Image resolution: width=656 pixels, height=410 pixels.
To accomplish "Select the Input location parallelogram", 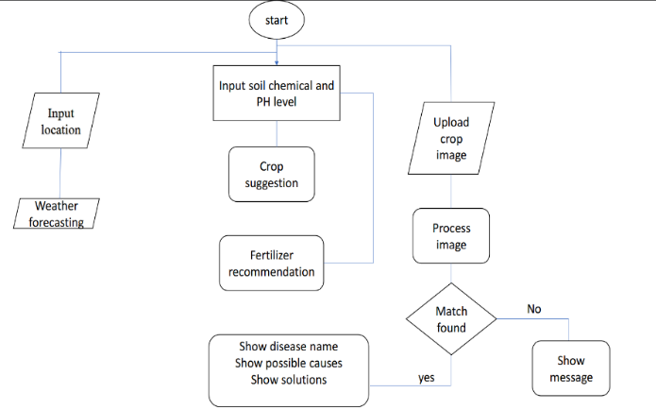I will point(60,121).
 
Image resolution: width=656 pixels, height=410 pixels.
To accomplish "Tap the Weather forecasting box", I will point(59,214).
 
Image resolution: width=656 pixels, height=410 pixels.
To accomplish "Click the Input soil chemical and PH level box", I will point(276,93).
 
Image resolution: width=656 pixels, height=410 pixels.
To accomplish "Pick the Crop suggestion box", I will point(271,174).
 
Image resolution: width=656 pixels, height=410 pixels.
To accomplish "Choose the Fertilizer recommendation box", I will point(270,264).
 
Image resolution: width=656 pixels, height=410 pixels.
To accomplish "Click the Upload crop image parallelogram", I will point(450,139).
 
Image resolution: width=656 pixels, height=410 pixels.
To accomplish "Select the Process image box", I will point(450,236).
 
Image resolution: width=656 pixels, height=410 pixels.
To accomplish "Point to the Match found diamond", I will point(450,319).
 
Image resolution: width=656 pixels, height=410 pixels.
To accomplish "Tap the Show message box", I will point(570,368).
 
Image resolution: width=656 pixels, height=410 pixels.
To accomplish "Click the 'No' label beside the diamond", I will point(534,309).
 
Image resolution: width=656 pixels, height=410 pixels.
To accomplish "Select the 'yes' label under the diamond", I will point(427,378).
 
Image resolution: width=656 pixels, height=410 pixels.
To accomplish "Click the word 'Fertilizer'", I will point(271,255).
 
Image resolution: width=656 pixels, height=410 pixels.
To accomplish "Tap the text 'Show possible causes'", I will point(287,363).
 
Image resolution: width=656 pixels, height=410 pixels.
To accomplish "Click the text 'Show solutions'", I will point(287,380).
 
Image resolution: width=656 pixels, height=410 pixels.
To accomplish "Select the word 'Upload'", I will point(451,123).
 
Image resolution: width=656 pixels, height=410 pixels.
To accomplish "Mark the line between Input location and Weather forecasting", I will point(60,176).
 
